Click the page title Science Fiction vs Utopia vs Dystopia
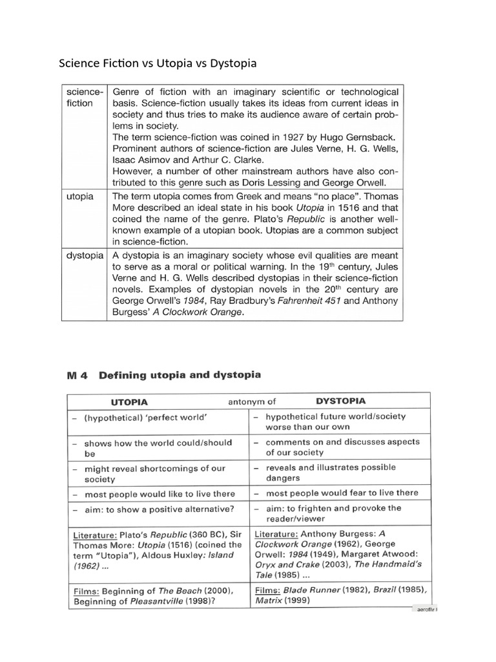pos(158,63)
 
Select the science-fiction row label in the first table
pos(85,97)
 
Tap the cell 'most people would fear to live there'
pos(342,493)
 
